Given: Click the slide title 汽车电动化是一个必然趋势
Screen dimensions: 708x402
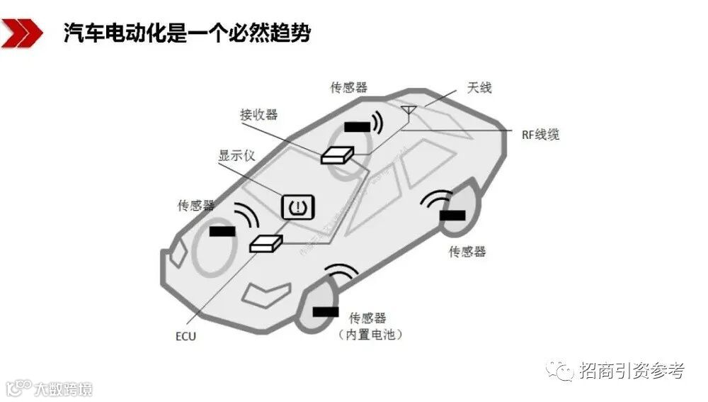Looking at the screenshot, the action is click(187, 33).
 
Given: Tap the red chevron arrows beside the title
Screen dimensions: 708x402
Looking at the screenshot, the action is click(22, 33).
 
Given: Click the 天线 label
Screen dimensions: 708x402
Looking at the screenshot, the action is click(479, 88).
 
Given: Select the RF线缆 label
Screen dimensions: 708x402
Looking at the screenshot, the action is click(541, 133).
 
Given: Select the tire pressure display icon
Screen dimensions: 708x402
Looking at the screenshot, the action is click(298, 206).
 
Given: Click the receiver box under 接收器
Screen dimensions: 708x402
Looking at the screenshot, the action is click(337, 155).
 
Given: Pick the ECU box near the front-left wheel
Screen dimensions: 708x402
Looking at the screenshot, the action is click(265, 243).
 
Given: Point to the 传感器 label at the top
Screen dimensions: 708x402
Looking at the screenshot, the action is click(349, 87).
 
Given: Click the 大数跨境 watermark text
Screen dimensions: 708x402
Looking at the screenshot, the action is click(64, 389).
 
